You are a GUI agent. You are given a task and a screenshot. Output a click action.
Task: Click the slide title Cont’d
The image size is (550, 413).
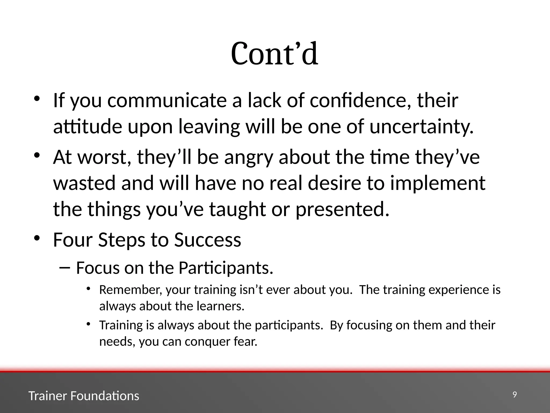[x=274, y=54]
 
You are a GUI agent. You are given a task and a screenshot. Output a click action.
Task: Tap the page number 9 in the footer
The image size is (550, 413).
[x=515, y=395]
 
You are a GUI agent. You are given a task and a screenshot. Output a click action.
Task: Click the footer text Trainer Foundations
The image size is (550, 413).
[x=84, y=396]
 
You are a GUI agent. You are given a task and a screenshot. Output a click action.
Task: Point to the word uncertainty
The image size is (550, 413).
[x=421, y=127]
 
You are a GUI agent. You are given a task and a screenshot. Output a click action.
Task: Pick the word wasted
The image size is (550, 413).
[x=84, y=183]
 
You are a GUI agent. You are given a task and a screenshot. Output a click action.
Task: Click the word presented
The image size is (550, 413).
[x=342, y=210]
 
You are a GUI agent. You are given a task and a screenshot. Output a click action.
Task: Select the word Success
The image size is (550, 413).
[x=207, y=240]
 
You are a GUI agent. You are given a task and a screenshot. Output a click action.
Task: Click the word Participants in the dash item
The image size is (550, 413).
[x=226, y=268]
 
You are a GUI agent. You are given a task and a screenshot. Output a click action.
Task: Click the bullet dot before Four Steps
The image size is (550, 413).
[x=37, y=238]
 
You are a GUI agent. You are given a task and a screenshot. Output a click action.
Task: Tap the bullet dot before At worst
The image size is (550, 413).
[x=37, y=156]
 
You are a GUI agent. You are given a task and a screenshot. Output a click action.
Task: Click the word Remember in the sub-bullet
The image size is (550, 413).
[x=131, y=290]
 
